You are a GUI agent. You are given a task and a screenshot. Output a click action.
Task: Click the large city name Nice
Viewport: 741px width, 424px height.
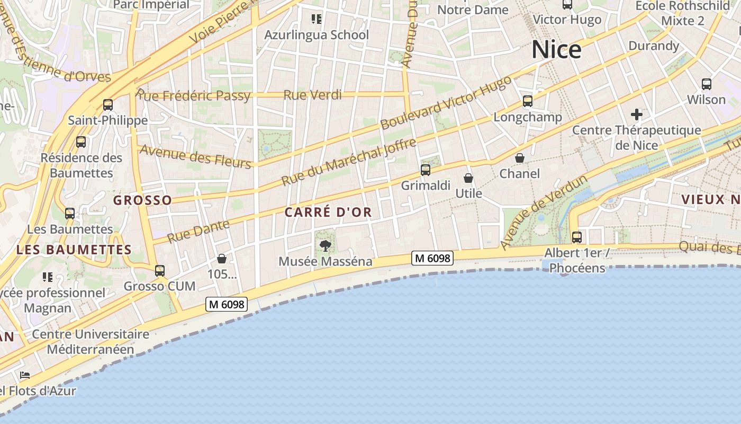[556, 50]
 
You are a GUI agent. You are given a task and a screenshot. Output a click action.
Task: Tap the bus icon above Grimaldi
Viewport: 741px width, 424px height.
[426, 170]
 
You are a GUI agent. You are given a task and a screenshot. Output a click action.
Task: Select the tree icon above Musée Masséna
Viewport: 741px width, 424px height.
[326, 245]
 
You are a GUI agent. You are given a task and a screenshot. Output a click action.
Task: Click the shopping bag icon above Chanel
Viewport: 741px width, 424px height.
[520, 158]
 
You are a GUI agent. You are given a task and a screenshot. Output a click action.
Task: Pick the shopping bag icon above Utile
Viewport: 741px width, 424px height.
[468, 178]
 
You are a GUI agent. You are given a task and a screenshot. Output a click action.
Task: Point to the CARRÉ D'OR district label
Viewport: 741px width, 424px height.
[328, 213]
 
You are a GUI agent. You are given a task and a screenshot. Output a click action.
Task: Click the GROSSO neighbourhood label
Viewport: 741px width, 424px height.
[142, 200]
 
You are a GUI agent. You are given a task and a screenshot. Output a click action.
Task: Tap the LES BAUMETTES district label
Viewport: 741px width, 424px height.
[74, 250]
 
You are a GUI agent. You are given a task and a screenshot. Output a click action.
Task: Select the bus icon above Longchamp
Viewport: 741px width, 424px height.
[527, 101]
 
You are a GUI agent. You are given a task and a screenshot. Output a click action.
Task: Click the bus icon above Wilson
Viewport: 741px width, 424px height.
[707, 84]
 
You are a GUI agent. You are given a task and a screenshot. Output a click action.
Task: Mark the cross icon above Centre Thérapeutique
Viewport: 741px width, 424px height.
[637, 114]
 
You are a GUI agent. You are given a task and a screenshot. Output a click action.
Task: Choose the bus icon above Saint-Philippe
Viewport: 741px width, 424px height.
[108, 104]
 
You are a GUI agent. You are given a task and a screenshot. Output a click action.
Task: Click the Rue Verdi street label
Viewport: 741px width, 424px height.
[313, 95]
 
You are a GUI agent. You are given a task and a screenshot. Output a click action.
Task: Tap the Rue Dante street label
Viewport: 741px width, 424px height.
[198, 231]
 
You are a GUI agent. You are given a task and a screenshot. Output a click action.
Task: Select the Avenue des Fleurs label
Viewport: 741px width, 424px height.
[195, 157]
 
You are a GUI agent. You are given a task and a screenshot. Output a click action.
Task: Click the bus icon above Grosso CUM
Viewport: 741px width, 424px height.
[160, 271]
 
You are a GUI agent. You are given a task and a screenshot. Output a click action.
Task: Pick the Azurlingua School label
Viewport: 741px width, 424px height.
[317, 35]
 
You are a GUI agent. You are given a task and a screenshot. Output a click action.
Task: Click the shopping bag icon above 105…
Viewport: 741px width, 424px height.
[222, 259]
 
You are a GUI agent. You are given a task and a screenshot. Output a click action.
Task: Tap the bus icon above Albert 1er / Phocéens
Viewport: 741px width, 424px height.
[577, 237]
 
